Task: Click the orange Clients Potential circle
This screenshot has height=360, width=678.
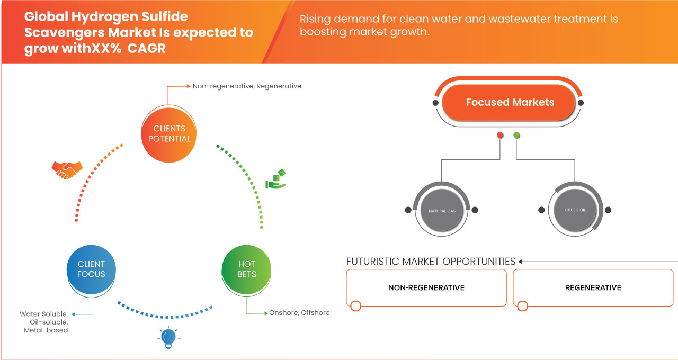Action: (169, 133)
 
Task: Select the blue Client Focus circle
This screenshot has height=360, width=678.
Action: (91, 269)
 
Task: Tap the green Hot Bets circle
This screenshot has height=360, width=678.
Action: (246, 269)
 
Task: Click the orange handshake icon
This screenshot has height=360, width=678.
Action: (67, 169)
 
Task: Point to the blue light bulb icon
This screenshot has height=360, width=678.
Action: (168, 337)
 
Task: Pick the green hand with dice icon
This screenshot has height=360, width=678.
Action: (275, 179)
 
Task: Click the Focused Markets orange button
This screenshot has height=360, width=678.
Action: (510, 103)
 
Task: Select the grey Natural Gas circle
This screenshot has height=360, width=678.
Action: (441, 211)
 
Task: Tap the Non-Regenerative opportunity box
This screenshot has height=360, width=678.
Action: (426, 288)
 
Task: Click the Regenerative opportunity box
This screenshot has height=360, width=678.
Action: (593, 288)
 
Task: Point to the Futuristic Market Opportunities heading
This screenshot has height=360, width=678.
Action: (431, 262)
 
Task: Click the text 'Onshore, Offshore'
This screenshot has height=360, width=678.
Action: (299, 313)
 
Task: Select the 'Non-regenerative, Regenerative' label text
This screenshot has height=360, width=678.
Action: (247, 86)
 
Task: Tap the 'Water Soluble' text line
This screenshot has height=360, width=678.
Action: (44, 314)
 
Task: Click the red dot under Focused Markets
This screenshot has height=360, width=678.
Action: (499, 136)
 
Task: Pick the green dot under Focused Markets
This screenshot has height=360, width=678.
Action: (516, 136)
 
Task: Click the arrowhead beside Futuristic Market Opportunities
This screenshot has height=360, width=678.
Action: (521, 262)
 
